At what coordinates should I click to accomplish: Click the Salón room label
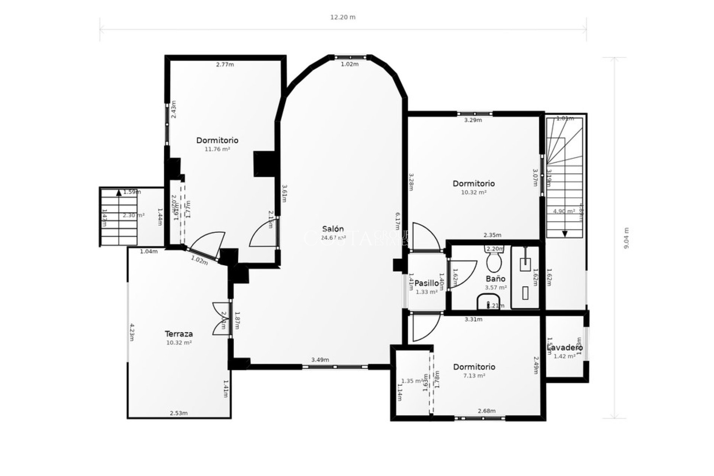333,229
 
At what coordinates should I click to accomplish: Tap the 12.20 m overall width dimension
342,17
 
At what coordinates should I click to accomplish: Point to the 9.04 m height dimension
626,238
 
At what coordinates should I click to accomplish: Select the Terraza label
179,334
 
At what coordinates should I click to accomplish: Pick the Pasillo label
427,283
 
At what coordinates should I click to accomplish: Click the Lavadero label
565,348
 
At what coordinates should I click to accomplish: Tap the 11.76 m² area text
217,149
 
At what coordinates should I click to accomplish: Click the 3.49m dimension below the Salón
320,360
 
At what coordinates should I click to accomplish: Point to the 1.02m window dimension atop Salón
350,64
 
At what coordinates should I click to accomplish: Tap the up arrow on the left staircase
119,193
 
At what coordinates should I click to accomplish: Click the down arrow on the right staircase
565,234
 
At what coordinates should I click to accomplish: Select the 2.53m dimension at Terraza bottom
178,413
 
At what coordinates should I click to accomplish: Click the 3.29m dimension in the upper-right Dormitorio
473,120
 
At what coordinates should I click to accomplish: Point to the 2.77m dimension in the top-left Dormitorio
225,64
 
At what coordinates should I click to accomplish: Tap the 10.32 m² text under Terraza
179,343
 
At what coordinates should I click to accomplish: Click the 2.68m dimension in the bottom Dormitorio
487,411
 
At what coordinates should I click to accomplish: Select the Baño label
495,279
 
